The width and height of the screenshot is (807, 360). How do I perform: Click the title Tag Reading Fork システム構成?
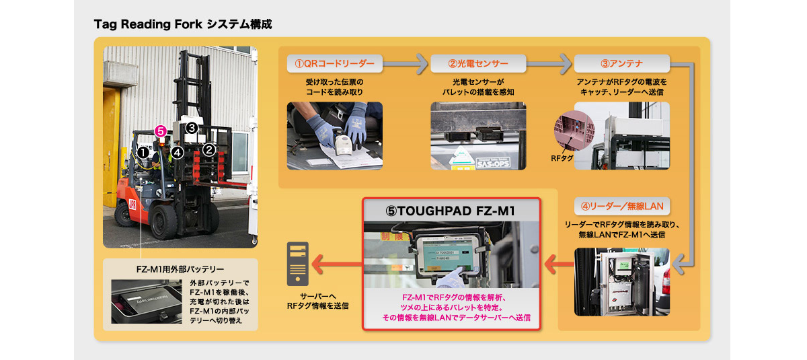point(183,24)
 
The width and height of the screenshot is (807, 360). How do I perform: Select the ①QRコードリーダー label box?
point(334,64)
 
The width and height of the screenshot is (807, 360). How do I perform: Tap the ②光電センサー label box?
point(477,64)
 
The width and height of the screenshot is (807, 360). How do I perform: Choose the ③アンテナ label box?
point(621,64)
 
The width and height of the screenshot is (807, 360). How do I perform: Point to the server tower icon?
point(297,264)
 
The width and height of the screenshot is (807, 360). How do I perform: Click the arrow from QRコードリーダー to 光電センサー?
point(406,65)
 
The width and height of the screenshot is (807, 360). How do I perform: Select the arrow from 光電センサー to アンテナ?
point(549,65)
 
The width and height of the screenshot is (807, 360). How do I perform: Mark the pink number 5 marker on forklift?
point(160,131)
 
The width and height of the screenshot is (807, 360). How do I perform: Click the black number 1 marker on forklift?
point(143,153)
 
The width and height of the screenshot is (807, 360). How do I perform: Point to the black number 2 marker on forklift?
point(209,149)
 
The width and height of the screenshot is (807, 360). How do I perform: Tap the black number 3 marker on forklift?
point(191,127)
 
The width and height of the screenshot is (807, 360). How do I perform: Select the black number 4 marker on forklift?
point(177,152)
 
